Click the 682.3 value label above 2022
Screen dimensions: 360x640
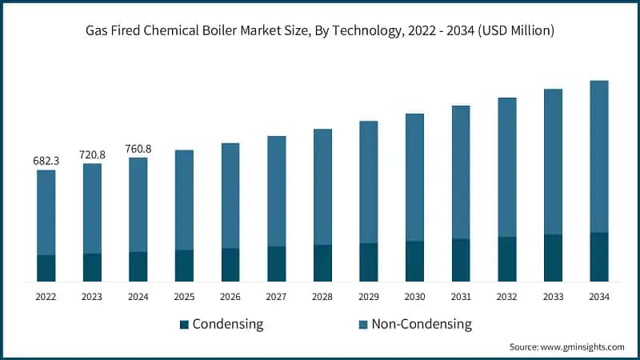pos(46,161)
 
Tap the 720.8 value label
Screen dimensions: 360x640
pos(93,154)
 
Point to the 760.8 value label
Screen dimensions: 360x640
pos(138,148)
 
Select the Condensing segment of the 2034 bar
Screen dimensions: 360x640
pos(599,257)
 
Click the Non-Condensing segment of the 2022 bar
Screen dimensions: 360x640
pos(46,212)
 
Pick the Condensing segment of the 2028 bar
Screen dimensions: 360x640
pos(322,263)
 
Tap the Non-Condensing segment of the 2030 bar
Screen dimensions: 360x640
pos(414,177)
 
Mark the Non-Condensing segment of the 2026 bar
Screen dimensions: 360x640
pos(230,195)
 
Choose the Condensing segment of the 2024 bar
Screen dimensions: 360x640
pos(138,266)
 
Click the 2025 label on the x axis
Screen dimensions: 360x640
pos(184,297)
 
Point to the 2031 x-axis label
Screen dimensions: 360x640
pos(461,297)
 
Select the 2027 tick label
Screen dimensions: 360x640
pos(276,297)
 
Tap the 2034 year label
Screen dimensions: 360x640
pos(599,297)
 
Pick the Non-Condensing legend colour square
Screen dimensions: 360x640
pos(363,325)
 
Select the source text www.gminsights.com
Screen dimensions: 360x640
pos(583,347)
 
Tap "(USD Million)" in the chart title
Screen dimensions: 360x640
pos(512,31)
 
